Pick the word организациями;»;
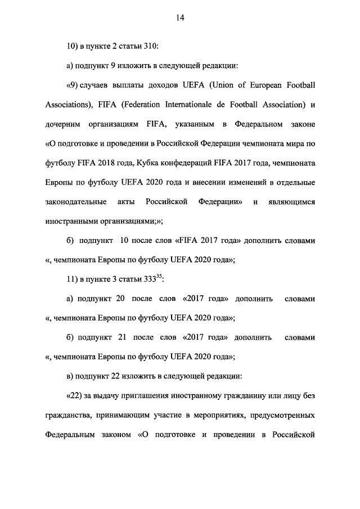pos(125,221)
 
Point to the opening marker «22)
pos(75,395)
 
